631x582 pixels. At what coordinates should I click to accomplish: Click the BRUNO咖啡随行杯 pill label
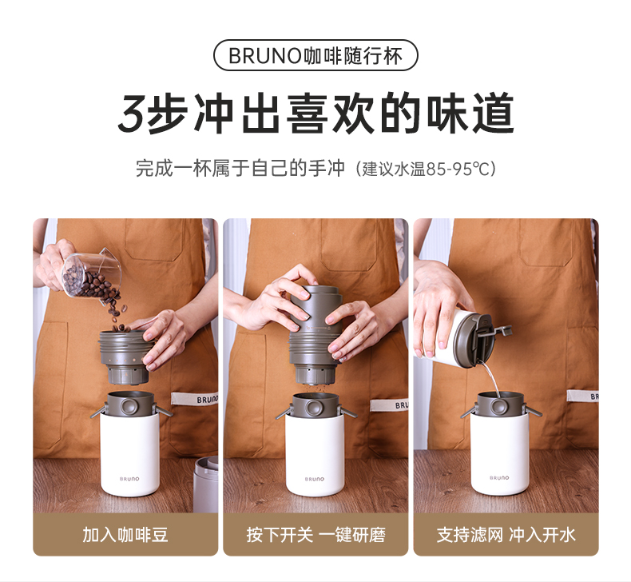click(315, 56)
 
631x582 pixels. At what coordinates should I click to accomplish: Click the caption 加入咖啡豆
click(125, 535)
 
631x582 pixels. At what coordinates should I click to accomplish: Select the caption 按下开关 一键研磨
click(316, 535)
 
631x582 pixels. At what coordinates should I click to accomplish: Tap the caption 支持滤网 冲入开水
click(506, 535)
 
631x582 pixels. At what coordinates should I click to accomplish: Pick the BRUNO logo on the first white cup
click(129, 479)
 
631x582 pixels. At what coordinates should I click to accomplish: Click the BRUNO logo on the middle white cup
click(314, 479)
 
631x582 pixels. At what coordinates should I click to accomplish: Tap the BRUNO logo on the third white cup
click(499, 478)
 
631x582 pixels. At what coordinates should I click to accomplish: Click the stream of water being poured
click(491, 378)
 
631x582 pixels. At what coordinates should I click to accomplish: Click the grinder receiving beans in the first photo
click(125, 357)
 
